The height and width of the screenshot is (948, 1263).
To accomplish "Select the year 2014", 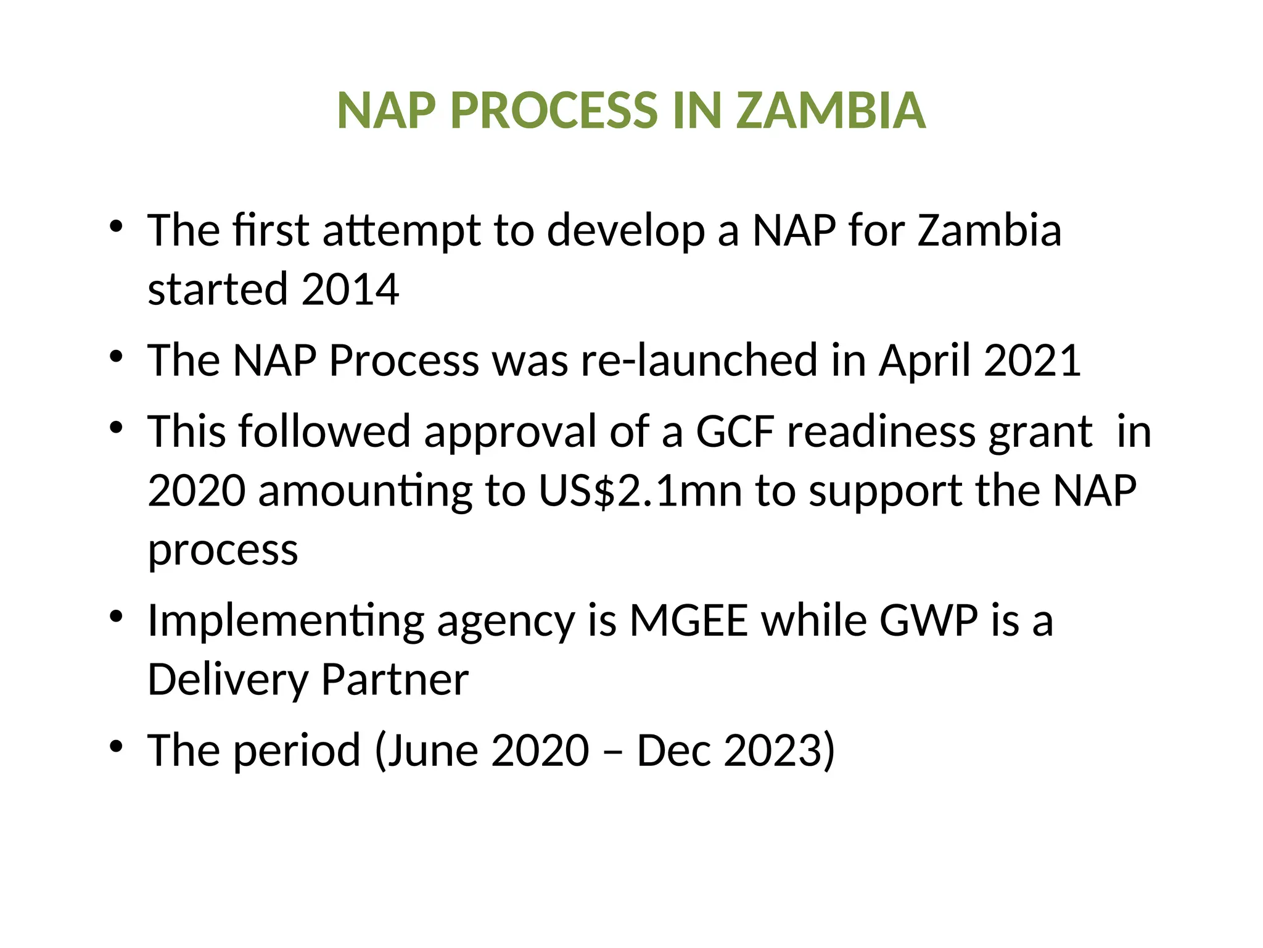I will (x=350, y=289).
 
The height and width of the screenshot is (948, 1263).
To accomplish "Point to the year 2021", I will (x=1032, y=360).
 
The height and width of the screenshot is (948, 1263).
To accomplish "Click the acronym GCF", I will (x=734, y=431).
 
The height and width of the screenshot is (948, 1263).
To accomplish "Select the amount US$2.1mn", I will (x=640, y=491).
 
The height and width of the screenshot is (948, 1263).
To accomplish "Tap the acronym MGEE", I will (x=689, y=620).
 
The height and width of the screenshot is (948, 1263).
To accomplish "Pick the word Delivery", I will (x=228, y=680).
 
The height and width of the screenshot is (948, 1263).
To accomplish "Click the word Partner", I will (x=395, y=680).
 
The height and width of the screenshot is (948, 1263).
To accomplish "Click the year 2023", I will (x=773, y=750).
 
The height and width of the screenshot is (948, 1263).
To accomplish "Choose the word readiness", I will (x=881, y=431).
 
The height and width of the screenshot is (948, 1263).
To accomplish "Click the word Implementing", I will (x=286, y=622).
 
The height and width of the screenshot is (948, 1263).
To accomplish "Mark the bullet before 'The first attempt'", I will (x=116, y=227).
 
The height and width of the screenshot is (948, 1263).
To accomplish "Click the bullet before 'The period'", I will (x=116, y=747).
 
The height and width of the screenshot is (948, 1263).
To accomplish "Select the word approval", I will (x=510, y=433).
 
